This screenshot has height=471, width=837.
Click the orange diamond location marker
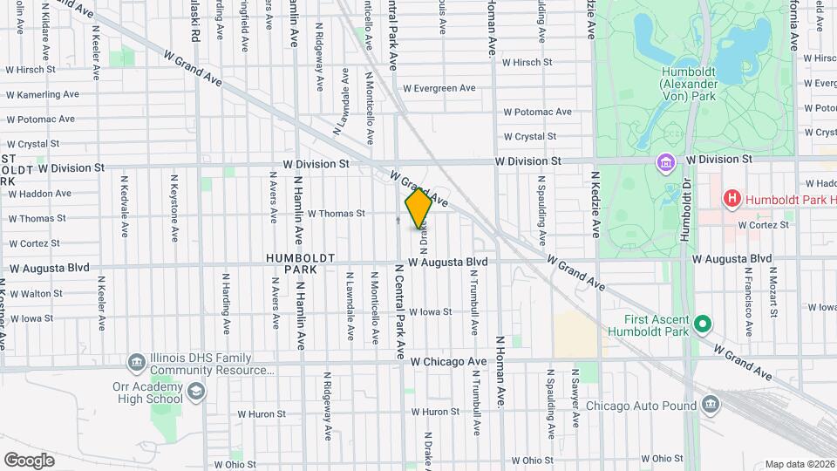tap(418, 208)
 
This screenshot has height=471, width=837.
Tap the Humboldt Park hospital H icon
tap(732, 199)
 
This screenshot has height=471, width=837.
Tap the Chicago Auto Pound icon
tap(710, 405)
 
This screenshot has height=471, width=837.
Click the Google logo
tap(29, 460)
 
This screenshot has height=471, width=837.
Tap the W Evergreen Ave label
tap(439, 88)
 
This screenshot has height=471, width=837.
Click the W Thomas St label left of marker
tap(336, 214)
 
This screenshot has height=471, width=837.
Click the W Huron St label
tap(434, 412)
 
